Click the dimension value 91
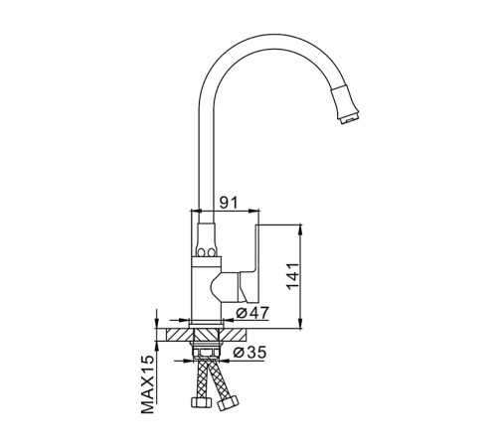229,202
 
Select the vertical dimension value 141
293,276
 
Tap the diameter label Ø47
252,312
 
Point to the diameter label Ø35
249,353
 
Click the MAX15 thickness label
148,384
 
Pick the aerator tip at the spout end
349,119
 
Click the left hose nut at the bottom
202,402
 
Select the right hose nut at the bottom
228,403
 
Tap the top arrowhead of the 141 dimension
300,229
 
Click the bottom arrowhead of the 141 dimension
300,323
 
